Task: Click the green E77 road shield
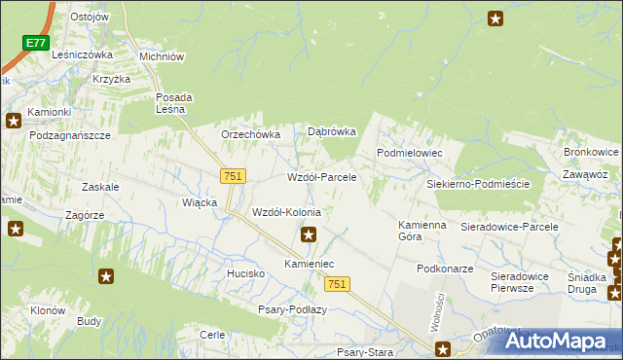click(x=36, y=43)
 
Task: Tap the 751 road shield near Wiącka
click(x=233, y=175)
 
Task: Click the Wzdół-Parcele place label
click(x=321, y=178)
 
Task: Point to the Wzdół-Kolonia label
click(x=286, y=212)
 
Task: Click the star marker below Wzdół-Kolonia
click(x=309, y=234)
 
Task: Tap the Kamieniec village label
click(x=309, y=264)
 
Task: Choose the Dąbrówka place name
click(x=332, y=131)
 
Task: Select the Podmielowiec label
click(x=410, y=154)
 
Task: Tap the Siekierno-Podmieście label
click(x=477, y=183)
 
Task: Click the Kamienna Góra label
click(x=421, y=232)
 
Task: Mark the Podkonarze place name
click(x=444, y=269)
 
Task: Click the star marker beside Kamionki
click(x=14, y=122)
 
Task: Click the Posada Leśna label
click(x=176, y=103)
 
